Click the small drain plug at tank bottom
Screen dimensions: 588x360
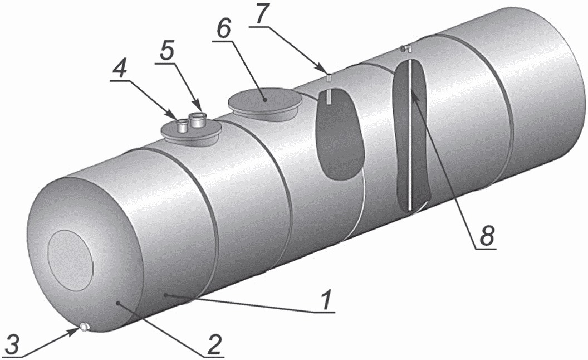83,328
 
